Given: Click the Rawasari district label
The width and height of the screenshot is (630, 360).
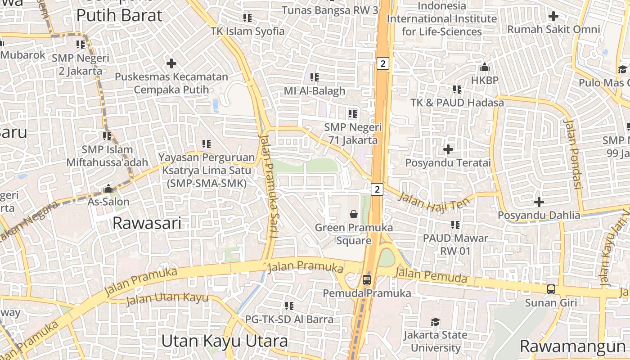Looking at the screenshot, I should click(x=147, y=223).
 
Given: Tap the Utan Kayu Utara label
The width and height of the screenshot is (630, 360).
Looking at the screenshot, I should click(x=224, y=341).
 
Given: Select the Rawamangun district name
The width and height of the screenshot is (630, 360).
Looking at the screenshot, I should click(x=572, y=346).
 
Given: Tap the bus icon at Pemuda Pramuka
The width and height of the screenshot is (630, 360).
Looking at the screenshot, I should click(x=367, y=280).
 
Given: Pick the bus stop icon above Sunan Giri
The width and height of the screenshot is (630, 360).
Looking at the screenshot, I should click(x=551, y=289).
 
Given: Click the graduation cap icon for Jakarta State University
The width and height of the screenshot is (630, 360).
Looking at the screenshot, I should click(x=435, y=322).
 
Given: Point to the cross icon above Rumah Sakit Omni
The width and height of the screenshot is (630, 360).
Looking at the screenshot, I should click(x=553, y=17).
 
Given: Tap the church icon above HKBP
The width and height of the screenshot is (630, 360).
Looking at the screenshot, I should click(x=485, y=67).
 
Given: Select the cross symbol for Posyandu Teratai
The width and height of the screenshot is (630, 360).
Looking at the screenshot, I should click(x=448, y=149).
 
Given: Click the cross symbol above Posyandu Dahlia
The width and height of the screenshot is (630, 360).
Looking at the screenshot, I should click(x=539, y=202).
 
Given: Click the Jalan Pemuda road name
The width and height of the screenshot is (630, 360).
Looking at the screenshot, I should click(x=431, y=275).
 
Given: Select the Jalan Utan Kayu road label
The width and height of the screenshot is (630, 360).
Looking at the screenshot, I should click(x=167, y=298).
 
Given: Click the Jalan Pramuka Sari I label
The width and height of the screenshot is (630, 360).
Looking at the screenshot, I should click(x=268, y=185).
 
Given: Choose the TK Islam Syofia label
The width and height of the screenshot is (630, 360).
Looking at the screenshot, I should click(x=247, y=31).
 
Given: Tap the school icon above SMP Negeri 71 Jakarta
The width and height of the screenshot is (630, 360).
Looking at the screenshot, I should click(x=352, y=114).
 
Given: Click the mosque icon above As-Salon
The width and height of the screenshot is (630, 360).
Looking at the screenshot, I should click(x=108, y=189).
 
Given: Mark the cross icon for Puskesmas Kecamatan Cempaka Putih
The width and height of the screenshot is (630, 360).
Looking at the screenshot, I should click(x=171, y=63).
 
